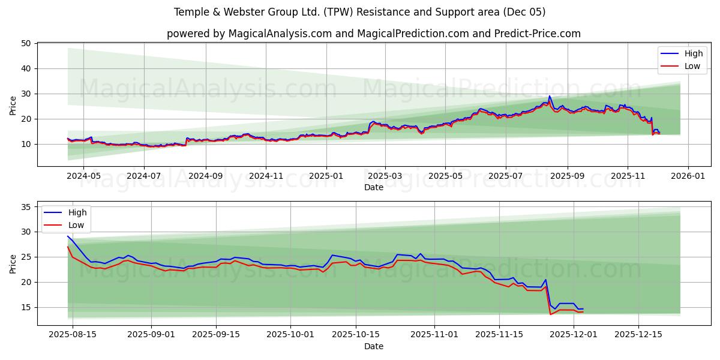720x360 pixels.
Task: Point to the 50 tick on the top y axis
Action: [x=26, y=43]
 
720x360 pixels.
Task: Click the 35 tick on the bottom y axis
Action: [x=26, y=207]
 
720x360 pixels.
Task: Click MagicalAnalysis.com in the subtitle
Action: [x=280, y=34]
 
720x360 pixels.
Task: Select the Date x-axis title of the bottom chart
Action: [x=373, y=346]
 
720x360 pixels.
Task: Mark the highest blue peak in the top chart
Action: [x=549, y=96]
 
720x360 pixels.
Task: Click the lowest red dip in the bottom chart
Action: [x=550, y=314]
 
